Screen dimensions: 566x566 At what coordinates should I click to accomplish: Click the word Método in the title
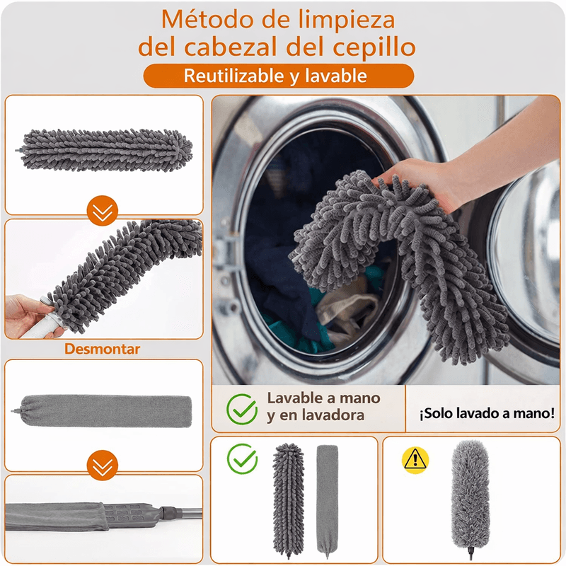[208, 20]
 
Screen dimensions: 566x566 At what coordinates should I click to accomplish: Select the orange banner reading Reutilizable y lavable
[278, 76]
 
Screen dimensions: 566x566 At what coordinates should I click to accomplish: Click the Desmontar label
[102, 349]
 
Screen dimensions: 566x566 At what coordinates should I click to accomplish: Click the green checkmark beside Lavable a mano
[242, 409]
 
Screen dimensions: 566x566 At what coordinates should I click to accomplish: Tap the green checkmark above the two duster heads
[242, 458]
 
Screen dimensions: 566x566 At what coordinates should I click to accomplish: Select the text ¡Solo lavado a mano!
[487, 413]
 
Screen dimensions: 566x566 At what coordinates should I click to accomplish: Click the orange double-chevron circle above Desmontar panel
[103, 211]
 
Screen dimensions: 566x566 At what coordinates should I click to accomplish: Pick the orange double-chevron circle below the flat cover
[103, 466]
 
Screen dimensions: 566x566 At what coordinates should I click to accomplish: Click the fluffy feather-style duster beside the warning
[470, 497]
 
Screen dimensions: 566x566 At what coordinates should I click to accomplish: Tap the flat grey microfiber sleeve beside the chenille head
[328, 501]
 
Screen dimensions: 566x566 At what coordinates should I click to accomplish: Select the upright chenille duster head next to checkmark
[288, 500]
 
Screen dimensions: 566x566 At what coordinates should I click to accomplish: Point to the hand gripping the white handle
[28, 316]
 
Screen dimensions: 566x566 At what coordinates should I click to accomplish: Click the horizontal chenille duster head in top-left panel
[105, 150]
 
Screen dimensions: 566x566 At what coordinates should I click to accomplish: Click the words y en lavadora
[316, 415]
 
